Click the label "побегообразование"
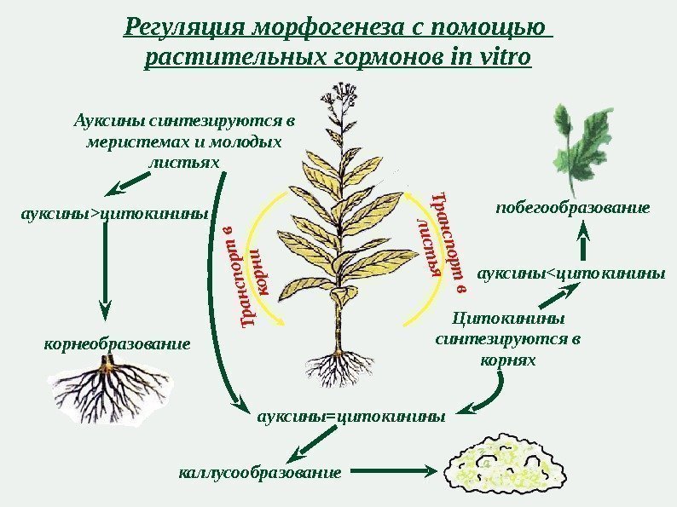(x=573, y=207)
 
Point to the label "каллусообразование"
(x=260, y=470)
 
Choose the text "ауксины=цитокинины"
(x=350, y=417)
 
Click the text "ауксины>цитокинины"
(x=115, y=214)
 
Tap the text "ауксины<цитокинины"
(x=570, y=274)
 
